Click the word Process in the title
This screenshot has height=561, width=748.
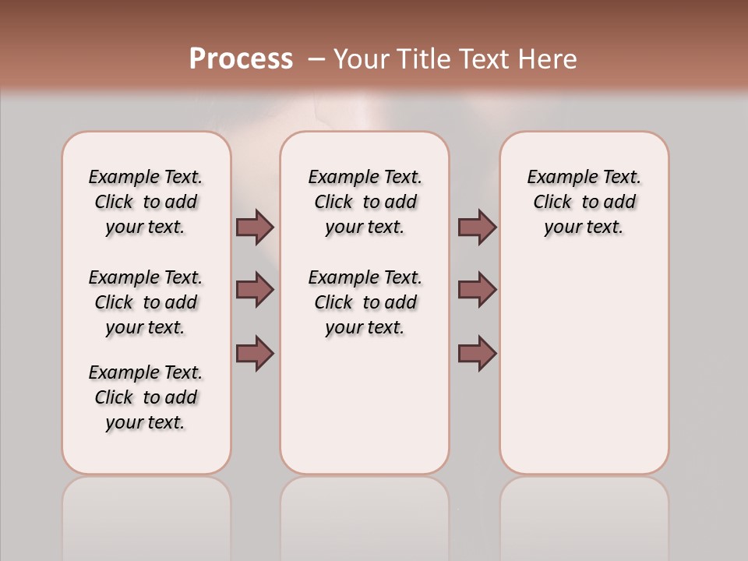point(241,59)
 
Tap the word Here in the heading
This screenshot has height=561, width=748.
point(547,59)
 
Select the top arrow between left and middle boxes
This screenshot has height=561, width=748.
point(255,227)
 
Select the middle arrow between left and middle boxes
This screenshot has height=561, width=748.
point(255,290)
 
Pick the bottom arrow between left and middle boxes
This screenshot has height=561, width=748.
point(255,353)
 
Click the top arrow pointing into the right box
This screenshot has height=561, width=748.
point(477,227)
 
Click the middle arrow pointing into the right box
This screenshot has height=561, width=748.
point(477,290)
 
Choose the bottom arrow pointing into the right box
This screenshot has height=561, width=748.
point(477,353)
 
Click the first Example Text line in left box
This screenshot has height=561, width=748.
point(146,177)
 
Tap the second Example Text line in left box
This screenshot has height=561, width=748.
point(146,277)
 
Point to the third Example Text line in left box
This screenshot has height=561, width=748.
point(146,372)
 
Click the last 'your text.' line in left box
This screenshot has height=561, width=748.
point(146,422)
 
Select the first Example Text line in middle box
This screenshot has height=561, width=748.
point(365,177)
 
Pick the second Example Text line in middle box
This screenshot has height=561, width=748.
point(365,277)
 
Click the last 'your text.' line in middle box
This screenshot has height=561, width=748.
point(365,327)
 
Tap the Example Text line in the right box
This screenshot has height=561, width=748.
point(584,177)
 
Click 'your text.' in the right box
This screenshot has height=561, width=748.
point(584,227)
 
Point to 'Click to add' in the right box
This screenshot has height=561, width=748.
point(584,202)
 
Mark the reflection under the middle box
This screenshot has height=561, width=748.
point(365,514)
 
